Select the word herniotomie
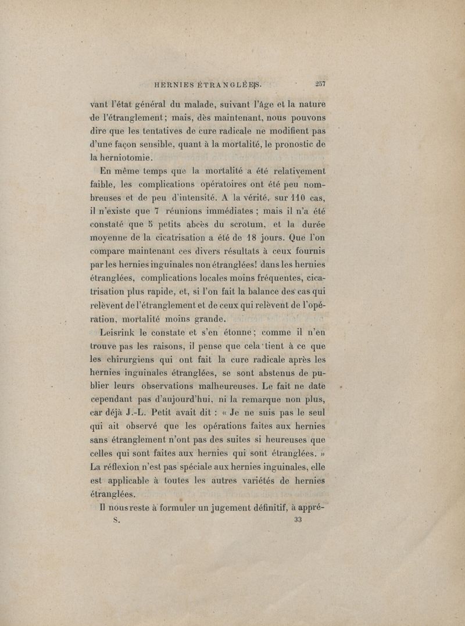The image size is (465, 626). pos(119,155)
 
